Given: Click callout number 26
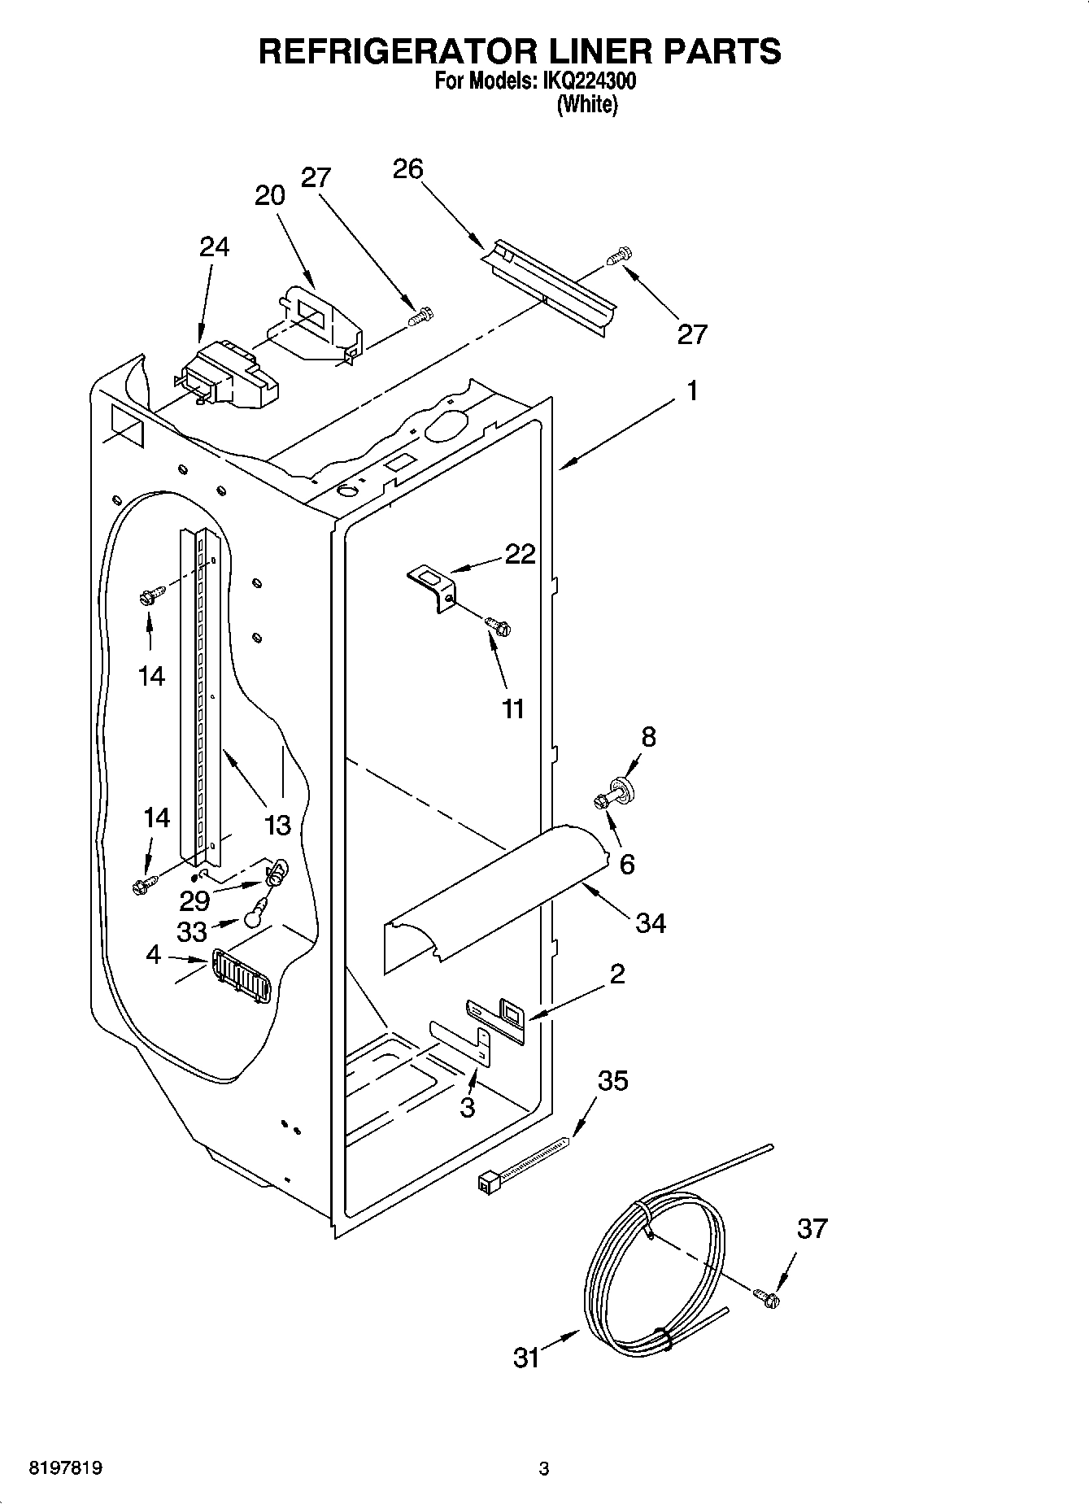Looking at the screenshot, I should tap(407, 168).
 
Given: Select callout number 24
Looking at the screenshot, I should tap(214, 246).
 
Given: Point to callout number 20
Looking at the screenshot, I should tap(270, 195).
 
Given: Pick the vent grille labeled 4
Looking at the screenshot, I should tap(243, 976).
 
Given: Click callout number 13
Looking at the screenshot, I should tap(277, 825).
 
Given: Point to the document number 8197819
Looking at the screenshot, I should tap(66, 1468).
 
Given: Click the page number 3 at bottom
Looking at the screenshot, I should tap(544, 1468).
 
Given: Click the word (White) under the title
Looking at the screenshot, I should tap(587, 105).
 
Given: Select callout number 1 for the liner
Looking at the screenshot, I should tap(691, 391).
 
